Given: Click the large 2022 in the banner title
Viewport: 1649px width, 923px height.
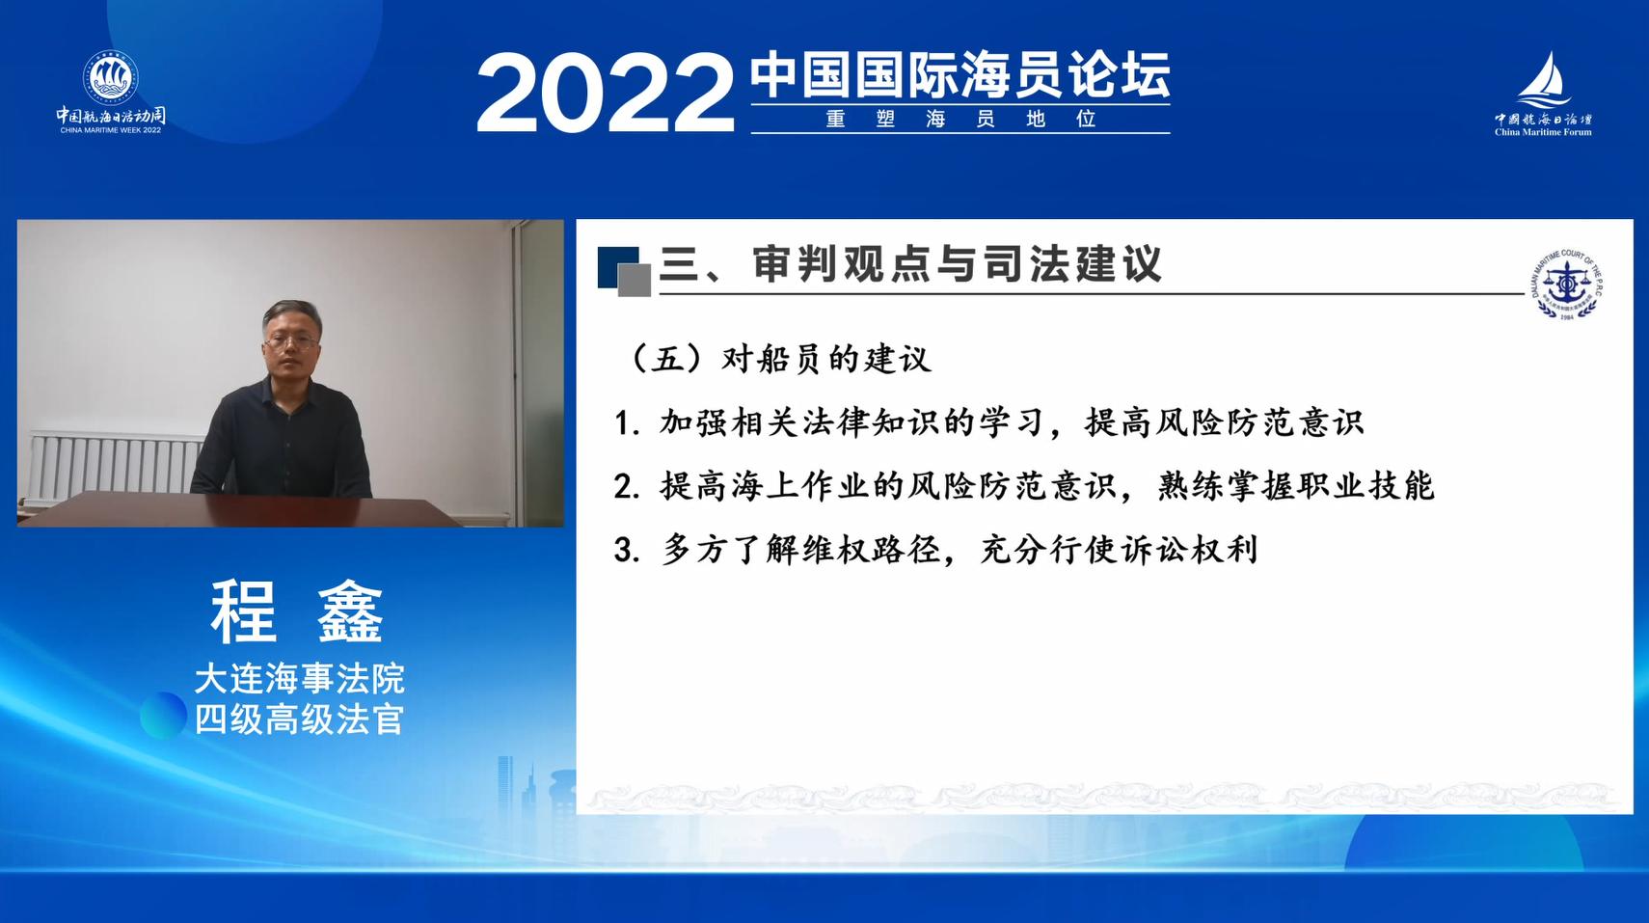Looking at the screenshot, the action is point(606,93).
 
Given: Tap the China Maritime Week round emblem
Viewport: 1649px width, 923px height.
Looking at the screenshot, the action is point(111,78).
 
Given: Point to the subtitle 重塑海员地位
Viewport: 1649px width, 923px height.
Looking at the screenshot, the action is point(960,120).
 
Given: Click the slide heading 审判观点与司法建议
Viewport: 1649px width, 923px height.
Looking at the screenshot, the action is point(957,263).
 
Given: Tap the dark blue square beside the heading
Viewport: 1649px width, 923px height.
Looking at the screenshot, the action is point(617,266).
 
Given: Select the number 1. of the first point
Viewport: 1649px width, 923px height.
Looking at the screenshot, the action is point(627,424).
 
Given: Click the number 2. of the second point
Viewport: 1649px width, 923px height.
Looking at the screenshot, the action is point(627,487).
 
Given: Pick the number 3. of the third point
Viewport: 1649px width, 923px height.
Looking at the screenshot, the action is point(627,551).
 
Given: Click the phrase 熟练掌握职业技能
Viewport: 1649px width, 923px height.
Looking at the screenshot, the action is point(1296,486).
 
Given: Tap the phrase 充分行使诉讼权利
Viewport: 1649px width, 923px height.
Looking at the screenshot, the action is point(1119,550).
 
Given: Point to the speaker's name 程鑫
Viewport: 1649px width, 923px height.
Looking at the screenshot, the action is point(297,612).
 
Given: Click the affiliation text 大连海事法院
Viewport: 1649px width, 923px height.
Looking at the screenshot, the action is point(299,679).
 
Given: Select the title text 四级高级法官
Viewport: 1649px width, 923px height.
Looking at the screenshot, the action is point(299,719).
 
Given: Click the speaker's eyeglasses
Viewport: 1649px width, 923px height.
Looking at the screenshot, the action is point(292,341).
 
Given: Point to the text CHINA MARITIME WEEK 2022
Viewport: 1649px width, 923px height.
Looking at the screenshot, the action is point(111,130).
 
